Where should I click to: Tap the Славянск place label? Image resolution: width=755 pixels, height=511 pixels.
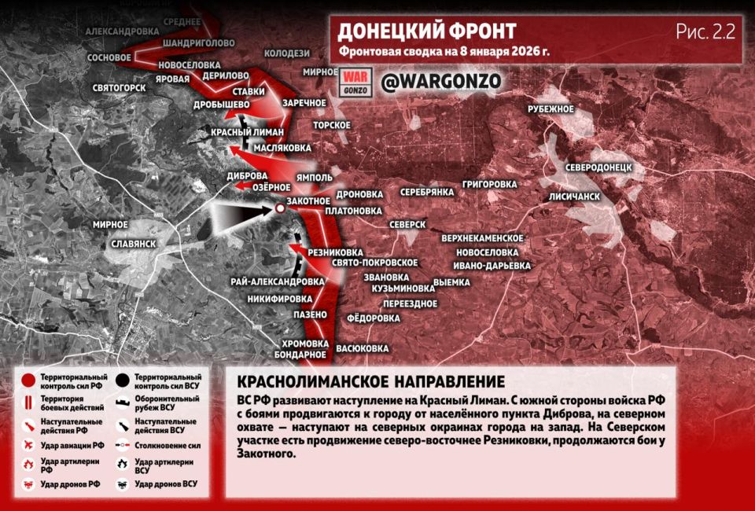[133, 244]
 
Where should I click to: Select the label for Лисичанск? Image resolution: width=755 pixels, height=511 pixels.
[575, 196]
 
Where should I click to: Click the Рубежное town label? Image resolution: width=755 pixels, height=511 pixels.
[551, 108]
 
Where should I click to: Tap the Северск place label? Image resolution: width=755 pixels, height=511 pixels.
[407, 224]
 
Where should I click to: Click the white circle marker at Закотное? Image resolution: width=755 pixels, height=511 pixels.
[280, 208]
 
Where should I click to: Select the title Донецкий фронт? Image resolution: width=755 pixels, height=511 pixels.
[427, 31]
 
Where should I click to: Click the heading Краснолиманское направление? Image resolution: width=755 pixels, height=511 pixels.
[370, 382]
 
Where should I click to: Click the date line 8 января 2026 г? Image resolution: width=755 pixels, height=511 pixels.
[445, 53]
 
